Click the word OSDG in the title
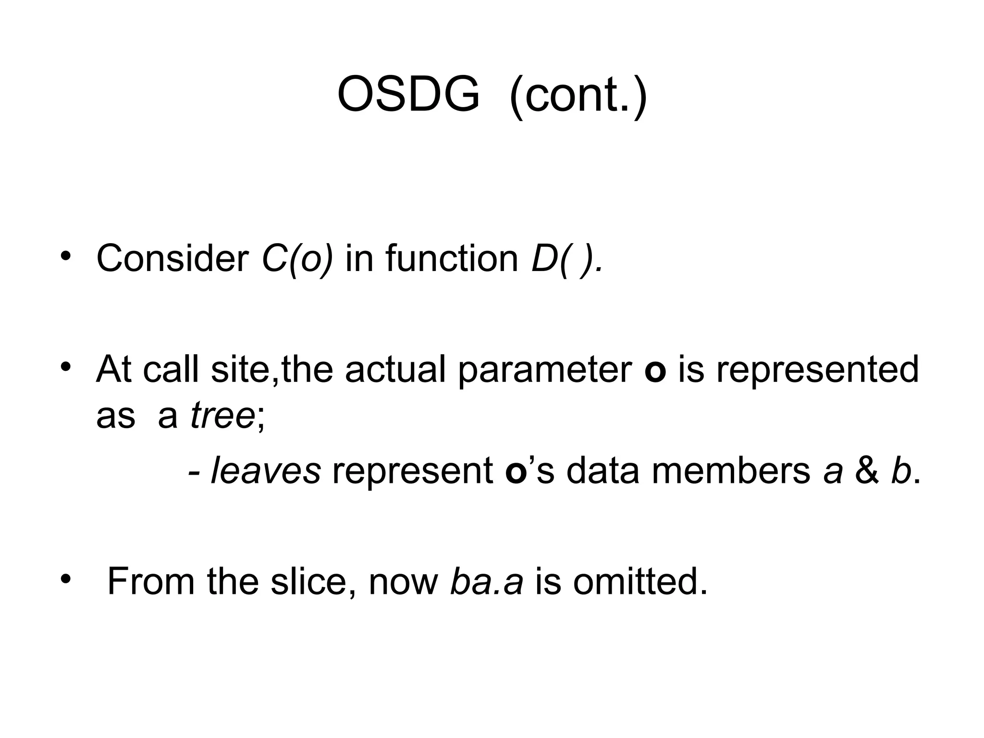click(408, 95)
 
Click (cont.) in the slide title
click(578, 95)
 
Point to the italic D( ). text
click(566, 259)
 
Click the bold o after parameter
click(655, 371)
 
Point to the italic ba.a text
click(486, 581)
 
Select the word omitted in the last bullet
click(640, 581)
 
